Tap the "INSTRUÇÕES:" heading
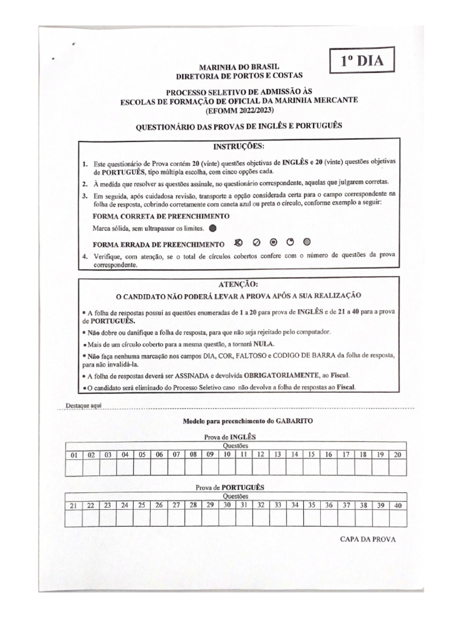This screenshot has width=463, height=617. [x=239, y=146]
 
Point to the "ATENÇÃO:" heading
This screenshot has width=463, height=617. [x=238, y=283]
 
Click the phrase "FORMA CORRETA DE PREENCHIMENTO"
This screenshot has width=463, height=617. [x=161, y=216]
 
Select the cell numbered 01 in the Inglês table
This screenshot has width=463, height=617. [x=75, y=455]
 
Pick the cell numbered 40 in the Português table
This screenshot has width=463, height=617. [x=397, y=505]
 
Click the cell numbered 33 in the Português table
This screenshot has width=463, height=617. [x=278, y=505]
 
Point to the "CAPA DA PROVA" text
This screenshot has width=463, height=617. [x=368, y=539]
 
